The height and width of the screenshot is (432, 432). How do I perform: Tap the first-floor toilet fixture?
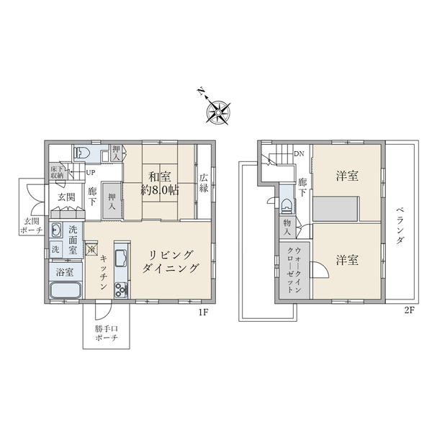(81, 152)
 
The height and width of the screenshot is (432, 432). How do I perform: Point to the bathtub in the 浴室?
(65, 292)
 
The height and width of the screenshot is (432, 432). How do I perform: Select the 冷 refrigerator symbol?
(91, 250)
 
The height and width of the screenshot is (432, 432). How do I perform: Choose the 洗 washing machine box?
(55, 249)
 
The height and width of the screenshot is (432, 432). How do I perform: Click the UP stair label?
(91, 173)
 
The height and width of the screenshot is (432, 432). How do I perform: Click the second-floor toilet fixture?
(288, 204)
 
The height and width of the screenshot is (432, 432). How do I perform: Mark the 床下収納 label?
(56, 172)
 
